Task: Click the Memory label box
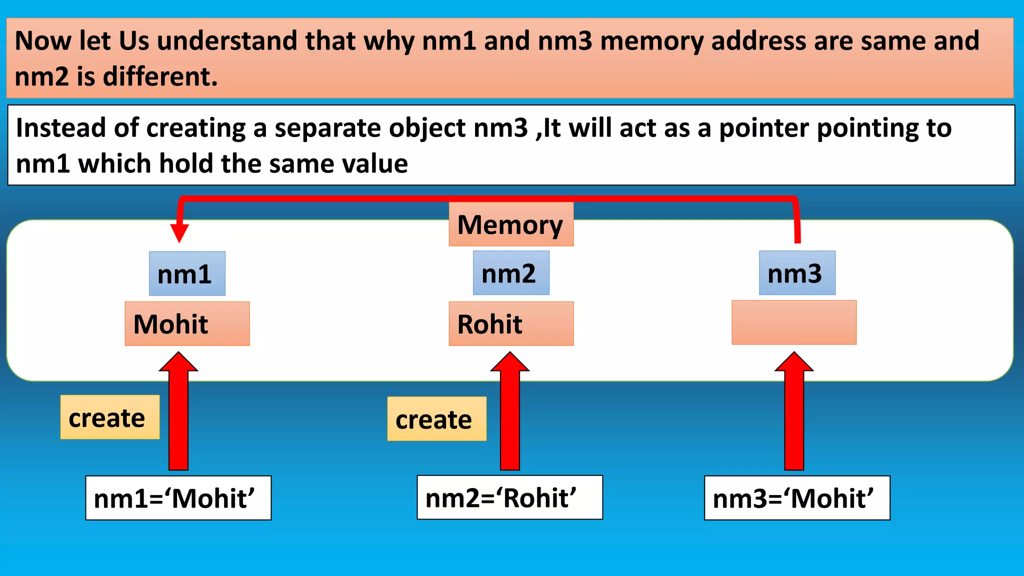point(510,224)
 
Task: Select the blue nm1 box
point(187,274)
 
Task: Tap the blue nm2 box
point(511,273)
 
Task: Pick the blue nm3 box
point(797,273)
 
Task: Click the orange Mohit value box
point(187,324)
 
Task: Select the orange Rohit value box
point(511,324)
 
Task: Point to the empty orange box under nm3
point(794,323)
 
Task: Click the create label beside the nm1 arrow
point(110,417)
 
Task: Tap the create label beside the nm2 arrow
point(436,419)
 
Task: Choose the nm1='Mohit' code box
point(178,498)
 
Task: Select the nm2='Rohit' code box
point(509,497)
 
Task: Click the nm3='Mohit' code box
point(797,498)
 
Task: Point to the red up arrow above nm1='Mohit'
point(178,415)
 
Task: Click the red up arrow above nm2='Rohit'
point(510,415)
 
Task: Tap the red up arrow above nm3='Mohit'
point(794,415)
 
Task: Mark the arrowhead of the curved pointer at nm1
point(179,232)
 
